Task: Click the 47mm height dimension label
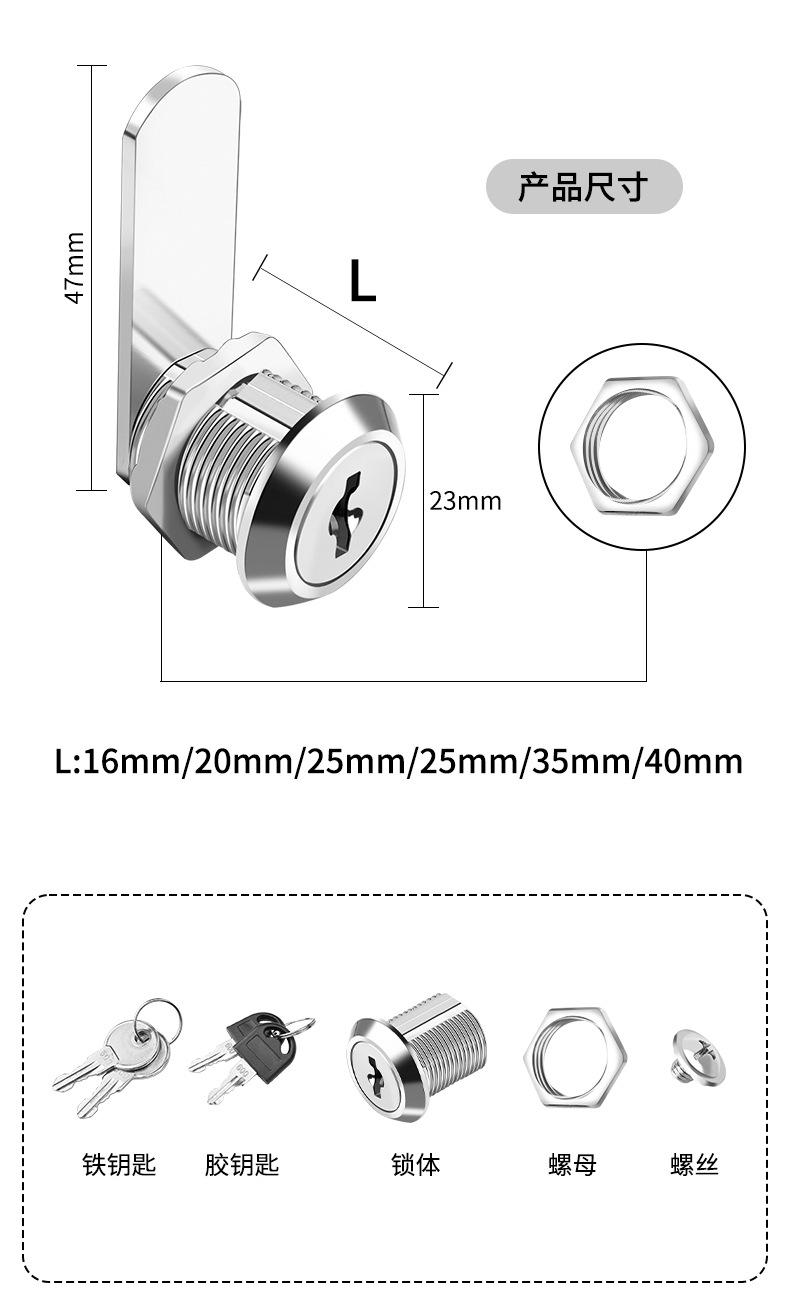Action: (x=75, y=268)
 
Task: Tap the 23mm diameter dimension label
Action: (x=465, y=501)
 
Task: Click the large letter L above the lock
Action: (x=362, y=281)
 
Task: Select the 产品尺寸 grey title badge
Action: (x=584, y=187)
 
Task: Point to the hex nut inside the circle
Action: (x=641, y=446)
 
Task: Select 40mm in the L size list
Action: (x=693, y=761)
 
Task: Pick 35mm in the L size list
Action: (x=580, y=761)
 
